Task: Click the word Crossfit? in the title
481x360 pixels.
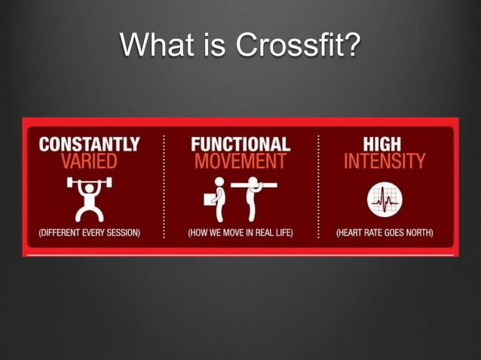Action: coord(298,46)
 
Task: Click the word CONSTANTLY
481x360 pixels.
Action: coord(89,144)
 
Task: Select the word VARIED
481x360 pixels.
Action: coord(89,160)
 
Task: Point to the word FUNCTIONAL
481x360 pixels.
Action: coord(240,144)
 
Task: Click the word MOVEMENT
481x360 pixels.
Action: coord(240,160)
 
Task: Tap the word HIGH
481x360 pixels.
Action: coord(384,144)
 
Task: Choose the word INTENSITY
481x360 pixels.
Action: coord(384,160)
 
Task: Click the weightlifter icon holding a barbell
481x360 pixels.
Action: coord(89,197)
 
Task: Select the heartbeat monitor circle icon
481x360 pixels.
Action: coord(384,200)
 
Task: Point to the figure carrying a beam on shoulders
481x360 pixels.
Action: coord(253,197)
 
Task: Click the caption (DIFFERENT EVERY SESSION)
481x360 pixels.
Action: coord(89,233)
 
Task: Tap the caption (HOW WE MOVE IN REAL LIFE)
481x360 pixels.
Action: coord(240,233)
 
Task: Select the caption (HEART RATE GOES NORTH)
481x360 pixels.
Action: coord(384,233)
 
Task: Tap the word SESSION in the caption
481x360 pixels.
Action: coord(121,233)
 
